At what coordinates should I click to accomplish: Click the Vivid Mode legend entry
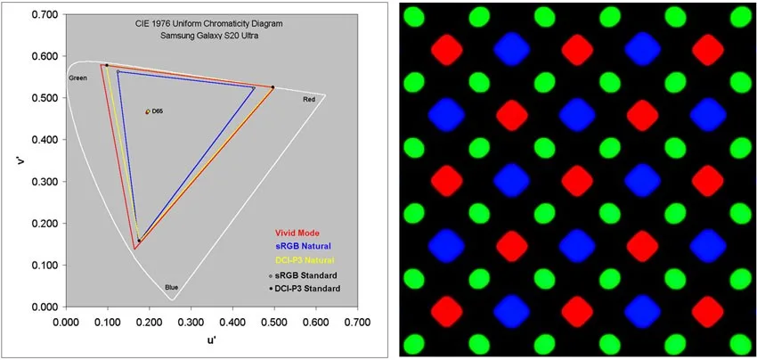point(297,232)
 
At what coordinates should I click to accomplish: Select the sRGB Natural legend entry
point(303,246)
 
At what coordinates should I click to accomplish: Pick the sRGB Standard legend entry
point(303,275)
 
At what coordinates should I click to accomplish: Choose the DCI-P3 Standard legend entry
point(305,289)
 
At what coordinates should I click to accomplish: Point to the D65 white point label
point(158,111)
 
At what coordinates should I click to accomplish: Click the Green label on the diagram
point(77,78)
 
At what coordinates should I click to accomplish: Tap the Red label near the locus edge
point(309,100)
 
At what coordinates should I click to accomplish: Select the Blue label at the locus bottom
point(172,287)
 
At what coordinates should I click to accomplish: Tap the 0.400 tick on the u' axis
point(232,322)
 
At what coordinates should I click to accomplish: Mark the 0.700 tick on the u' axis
point(358,322)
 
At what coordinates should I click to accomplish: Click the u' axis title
point(212,340)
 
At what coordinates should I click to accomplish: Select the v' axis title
point(20,161)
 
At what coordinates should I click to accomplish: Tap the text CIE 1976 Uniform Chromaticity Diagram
point(207,24)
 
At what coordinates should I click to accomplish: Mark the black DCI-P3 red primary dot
point(273,87)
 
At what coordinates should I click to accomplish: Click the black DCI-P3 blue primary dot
point(139,241)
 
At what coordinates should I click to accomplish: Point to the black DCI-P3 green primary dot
point(107,65)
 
